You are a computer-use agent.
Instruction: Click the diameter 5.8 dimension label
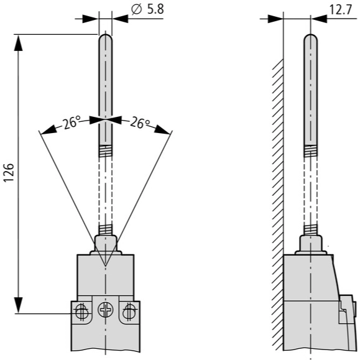click(147, 10)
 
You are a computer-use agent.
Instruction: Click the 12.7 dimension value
click(341, 10)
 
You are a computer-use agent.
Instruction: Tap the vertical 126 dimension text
click(9, 172)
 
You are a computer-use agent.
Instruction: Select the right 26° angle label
click(140, 123)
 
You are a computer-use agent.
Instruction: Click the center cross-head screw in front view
click(105, 309)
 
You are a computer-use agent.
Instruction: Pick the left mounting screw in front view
click(81, 312)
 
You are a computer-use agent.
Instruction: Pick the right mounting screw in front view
click(130, 312)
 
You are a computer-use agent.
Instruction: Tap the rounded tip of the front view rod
click(105, 35)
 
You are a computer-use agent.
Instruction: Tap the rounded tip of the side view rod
click(311, 35)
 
